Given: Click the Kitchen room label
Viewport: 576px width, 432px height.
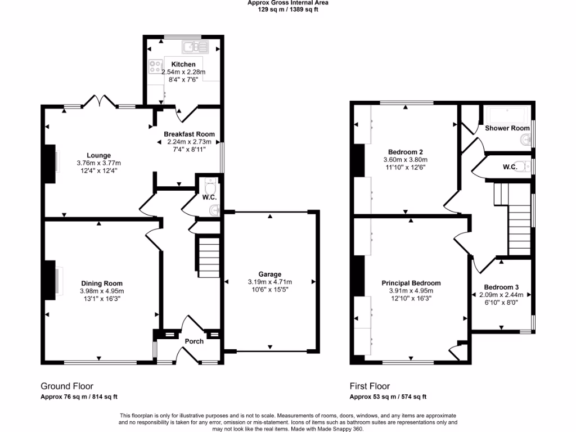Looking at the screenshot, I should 183,65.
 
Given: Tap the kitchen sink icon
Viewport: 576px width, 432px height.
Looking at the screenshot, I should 198,47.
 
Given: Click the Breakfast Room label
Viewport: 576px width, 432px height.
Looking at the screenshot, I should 189,134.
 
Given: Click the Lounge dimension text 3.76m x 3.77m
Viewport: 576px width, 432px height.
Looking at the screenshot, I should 98,163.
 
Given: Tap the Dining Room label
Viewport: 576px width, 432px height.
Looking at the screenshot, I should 102,283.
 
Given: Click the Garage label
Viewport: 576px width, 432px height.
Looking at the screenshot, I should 269,274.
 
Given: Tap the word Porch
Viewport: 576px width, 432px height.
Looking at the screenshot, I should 194,341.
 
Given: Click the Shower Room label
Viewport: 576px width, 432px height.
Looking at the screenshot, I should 507,128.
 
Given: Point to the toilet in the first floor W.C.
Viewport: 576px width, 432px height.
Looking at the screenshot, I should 523,166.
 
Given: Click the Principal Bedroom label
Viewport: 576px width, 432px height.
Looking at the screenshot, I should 411,283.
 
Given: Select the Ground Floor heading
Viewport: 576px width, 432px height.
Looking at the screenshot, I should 67,386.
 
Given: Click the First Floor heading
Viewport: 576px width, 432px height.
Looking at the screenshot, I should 370,386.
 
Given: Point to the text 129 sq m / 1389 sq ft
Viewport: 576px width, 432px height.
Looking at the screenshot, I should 287,10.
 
